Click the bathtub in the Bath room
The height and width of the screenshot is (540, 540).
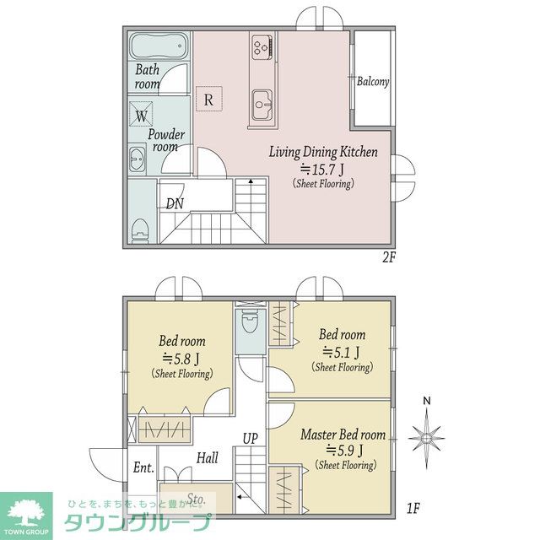159,46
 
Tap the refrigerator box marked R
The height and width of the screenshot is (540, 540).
209,99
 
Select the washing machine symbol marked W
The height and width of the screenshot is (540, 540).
141,115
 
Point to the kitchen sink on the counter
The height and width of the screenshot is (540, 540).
262,105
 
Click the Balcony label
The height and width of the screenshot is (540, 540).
373,82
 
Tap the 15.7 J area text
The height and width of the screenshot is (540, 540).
322,169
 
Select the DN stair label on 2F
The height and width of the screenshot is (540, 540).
175,204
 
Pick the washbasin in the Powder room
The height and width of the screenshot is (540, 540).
138,159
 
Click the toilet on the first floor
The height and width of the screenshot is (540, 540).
250,321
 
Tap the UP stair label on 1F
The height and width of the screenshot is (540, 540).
250,439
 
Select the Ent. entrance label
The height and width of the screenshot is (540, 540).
143,467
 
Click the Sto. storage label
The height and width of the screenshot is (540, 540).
197,499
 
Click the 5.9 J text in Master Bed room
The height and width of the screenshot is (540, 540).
344,451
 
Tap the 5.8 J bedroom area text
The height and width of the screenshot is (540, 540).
181,359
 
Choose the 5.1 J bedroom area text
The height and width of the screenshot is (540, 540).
341,352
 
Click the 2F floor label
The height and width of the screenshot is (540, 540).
389,257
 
